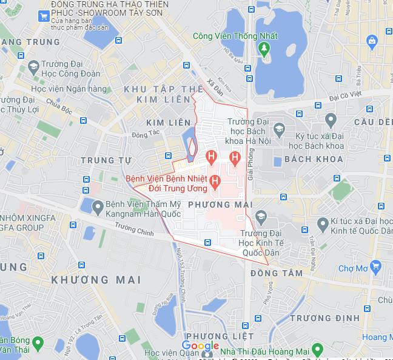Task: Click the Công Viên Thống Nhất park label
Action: tap(235, 36)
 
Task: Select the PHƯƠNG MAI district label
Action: tap(220, 205)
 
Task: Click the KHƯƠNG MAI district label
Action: tap(96, 280)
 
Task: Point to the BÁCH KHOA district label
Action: tap(313, 159)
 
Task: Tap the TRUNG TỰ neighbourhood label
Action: tap(106, 160)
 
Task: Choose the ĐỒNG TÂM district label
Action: tap(276, 273)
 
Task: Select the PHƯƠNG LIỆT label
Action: tap(211, 336)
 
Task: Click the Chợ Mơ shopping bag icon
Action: tap(375, 266)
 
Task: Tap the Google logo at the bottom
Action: tap(200, 346)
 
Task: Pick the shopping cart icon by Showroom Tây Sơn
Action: tap(44, 16)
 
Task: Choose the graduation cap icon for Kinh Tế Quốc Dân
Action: tap(261, 216)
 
